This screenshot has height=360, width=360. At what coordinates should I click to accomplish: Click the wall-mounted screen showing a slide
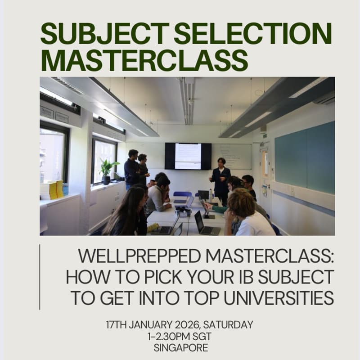188,156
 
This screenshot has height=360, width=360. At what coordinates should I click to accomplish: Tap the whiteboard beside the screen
231,156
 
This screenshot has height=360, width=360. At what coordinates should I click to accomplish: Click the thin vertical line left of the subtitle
40,277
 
